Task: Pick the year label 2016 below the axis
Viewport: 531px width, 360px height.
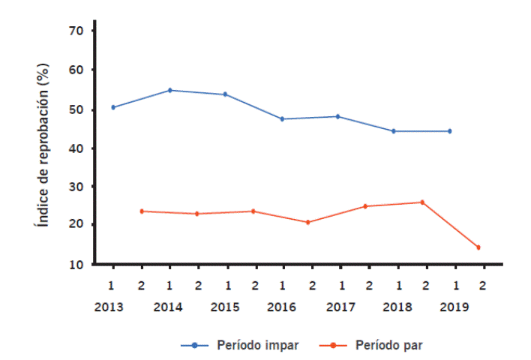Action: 283,307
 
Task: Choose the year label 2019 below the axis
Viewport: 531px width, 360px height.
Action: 454,307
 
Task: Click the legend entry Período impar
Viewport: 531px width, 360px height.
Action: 258,345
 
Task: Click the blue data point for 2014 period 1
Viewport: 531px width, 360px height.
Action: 170,90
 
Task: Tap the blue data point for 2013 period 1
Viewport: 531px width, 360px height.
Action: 113,107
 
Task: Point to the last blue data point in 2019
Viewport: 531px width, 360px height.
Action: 450,131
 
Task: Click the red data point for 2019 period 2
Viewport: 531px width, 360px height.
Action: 478,247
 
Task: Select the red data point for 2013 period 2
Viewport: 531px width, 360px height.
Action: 141,211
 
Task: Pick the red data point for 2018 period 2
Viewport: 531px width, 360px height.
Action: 422,202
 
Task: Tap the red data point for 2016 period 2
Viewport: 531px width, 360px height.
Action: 308,222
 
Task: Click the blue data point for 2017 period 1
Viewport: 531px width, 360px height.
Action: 338,116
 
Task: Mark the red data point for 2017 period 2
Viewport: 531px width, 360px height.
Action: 365,206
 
